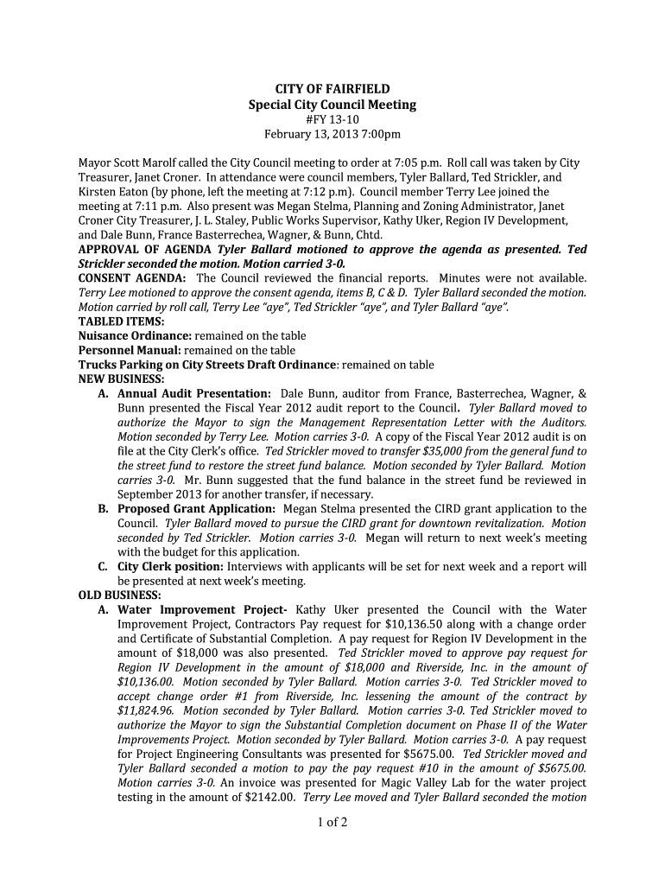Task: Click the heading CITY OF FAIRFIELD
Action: (332, 89)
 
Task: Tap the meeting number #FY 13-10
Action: (332, 119)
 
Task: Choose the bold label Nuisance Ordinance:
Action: (135, 335)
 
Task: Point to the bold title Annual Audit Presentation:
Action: (195, 393)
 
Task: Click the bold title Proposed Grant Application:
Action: (197, 509)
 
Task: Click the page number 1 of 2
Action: (332, 822)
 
